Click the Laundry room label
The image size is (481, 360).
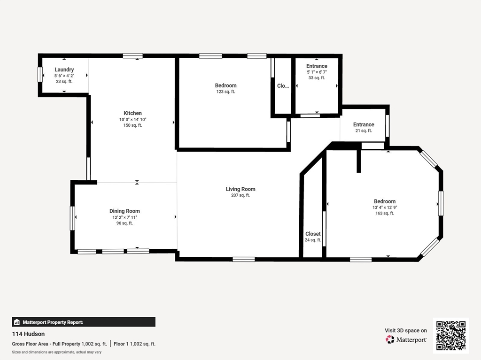coord(64,69)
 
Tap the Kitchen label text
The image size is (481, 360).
coord(132,113)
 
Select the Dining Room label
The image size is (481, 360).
coord(124,211)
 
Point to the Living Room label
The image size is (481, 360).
coord(240,189)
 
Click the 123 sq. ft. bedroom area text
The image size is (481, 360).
coord(226,92)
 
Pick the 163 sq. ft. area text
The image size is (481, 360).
coord(385,213)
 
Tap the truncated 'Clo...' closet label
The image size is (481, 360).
coord(283,86)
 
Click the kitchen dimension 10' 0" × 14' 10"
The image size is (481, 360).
coord(132,120)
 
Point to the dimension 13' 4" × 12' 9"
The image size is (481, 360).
coord(385,207)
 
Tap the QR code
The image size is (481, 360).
coord(451,336)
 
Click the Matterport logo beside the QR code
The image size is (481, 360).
coord(406,339)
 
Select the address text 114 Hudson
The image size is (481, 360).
coord(28,334)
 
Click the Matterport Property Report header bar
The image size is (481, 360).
coord(84,322)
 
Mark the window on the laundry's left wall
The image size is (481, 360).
coord(40,75)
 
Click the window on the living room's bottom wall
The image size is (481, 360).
coord(244,260)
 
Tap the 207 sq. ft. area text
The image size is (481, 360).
coord(240,195)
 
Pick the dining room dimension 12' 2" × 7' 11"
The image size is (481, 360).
coord(124,217)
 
